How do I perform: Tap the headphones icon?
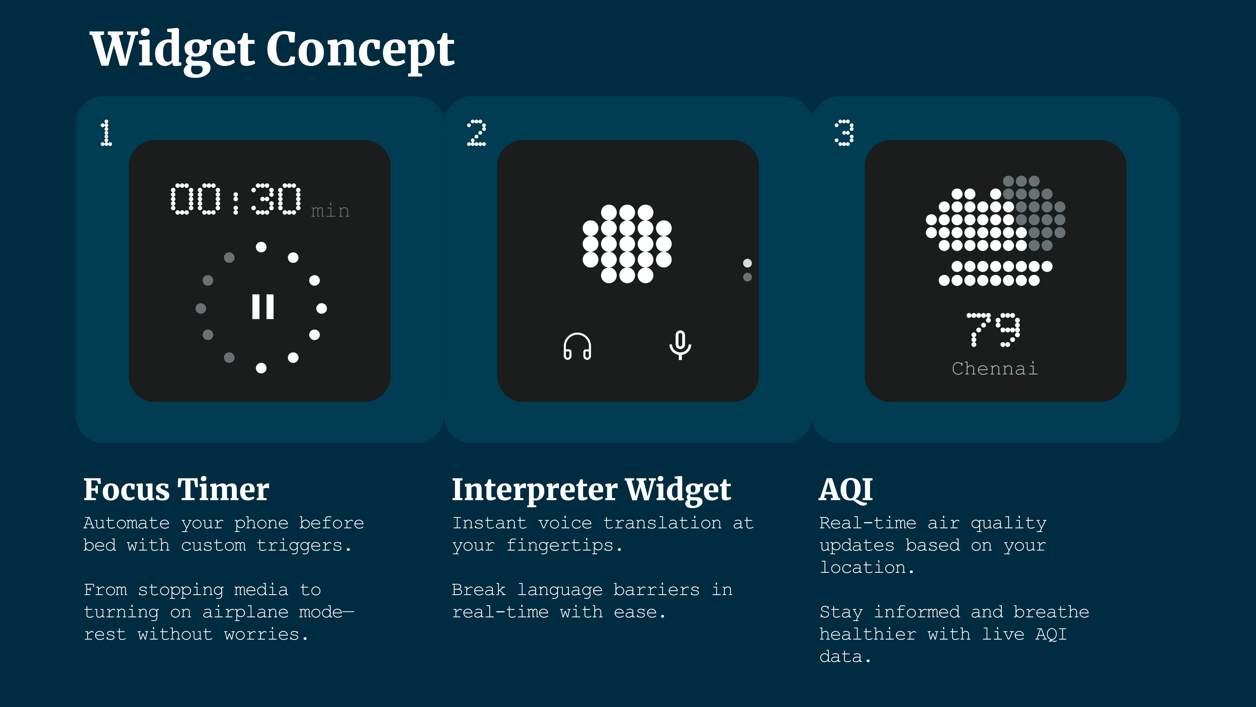577,346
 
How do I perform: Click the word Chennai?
995,368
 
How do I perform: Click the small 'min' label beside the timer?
330,211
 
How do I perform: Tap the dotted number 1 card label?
106,133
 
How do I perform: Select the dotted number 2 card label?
476,133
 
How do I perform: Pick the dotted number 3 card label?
844,133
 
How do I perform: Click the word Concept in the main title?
360,50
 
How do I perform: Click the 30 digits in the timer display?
276,199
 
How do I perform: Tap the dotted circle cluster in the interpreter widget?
627,244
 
